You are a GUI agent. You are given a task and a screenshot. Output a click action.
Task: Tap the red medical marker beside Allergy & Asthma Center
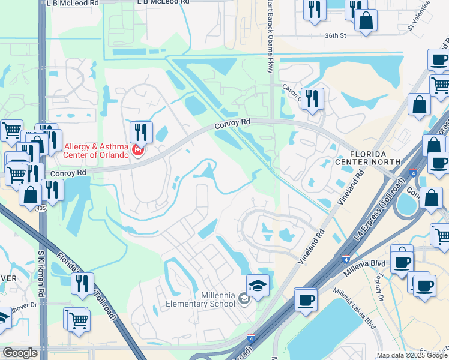[x=138, y=149]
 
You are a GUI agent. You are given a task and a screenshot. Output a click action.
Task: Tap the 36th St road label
[x=336, y=35]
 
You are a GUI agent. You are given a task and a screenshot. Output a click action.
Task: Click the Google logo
[x=20, y=353]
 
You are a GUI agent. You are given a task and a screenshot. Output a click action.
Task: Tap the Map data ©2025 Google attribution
[x=412, y=355]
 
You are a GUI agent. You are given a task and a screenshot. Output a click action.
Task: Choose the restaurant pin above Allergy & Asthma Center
[x=141, y=132]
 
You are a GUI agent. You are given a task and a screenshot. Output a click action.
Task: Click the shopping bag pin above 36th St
[x=366, y=20]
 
